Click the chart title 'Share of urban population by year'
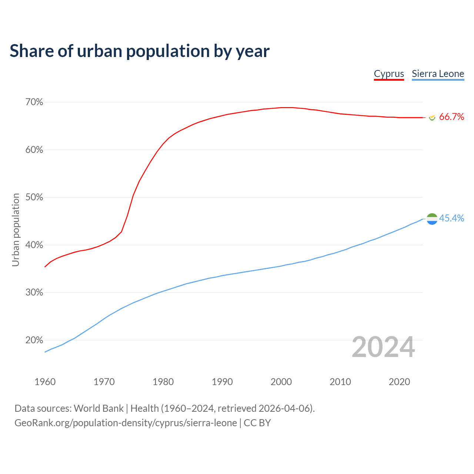(x=140, y=51)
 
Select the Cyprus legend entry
(x=389, y=74)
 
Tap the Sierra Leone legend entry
(x=438, y=74)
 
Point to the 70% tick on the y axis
(x=34, y=102)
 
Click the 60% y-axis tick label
(x=34, y=150)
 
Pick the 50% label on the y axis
(x=34, y=197)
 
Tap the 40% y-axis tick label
(x=34, y=245)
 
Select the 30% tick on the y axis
(x=34, y=293)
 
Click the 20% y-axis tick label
(x=34, y=340)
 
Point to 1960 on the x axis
(x=45, y=382)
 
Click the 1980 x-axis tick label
(x=163, y=382)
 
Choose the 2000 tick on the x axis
(x=281, y=382)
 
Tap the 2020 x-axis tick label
(x=399, y=382)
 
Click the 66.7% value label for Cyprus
(x=451, y=117)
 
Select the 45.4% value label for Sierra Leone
(x=451, y=218)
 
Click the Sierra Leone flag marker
(x=432, y=219)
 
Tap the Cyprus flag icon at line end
(x=432, y=117)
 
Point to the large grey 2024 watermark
(x=383, y=347)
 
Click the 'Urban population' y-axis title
(x=16, y=230)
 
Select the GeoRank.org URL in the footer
(x=126, y=423)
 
